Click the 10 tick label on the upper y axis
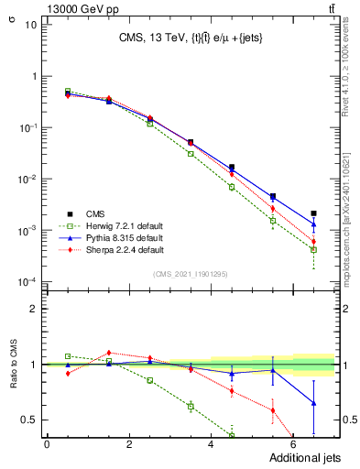(x=30, y=24)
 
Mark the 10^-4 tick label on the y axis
(x=27, y=281)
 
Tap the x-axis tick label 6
(x=294, y=444)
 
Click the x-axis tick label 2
(x=129, y=444)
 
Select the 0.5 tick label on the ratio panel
(x=28, y=420)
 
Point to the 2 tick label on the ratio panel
(x=33, y=309)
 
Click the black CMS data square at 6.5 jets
(x=313, y=213)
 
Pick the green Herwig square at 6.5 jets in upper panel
(x=313, y=249)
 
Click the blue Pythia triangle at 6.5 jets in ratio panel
(x=313, y=403)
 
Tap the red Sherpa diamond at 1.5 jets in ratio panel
(x=109, y=353)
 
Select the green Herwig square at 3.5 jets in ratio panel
(x=191, y=406)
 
